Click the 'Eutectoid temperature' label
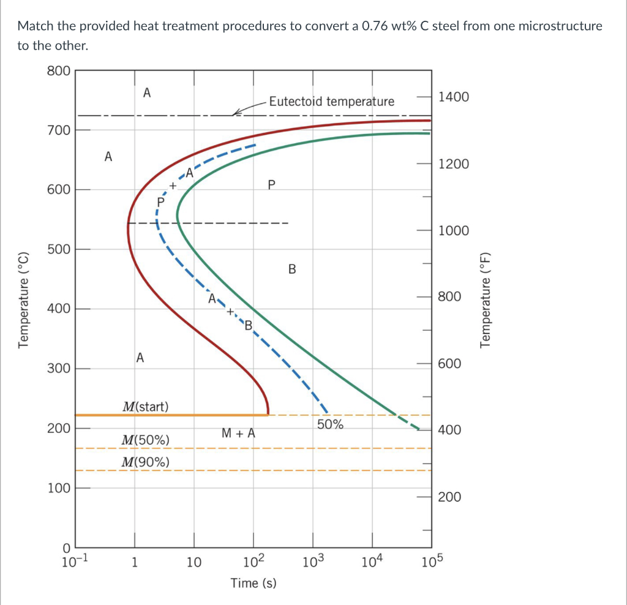pos(331,101)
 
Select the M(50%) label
pos(146,440)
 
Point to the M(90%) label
pos(146,461)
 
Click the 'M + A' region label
pos(238,434)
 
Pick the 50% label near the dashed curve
pos(331,424)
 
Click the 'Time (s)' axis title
pos(253,583)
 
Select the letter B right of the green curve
pos(292,269)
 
